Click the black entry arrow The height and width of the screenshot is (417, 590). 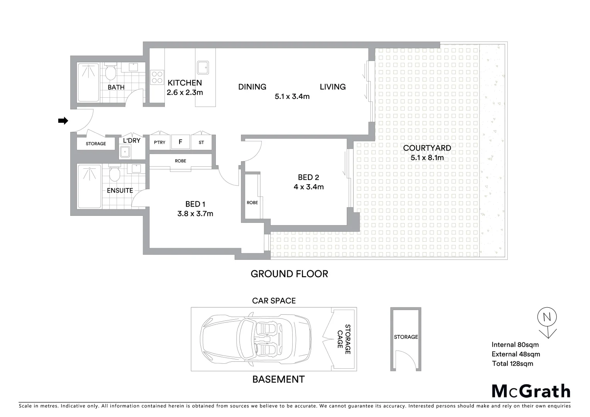(63, 121)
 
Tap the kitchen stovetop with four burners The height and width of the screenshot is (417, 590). (157, 77)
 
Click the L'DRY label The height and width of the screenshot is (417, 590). (132, 141)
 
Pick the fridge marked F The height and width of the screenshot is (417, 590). (180, 142)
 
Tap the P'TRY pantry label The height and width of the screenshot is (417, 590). (159, 142)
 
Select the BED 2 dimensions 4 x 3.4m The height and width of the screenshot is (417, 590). (309, 187)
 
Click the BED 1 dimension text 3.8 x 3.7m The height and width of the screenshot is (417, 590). (195, 214)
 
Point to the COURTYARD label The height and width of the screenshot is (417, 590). (427, 148)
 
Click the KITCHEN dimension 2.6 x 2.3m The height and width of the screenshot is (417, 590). (185, 93)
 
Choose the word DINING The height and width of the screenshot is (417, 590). (252, 87)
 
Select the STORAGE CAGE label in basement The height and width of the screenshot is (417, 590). (344, 339)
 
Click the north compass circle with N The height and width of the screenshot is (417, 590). (546, 317)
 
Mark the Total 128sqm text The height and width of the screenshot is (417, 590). (512, 363)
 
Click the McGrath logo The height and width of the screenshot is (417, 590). (531, 391)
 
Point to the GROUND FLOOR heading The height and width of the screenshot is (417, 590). (289, 274)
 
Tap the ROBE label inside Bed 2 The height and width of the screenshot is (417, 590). (252, 203)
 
